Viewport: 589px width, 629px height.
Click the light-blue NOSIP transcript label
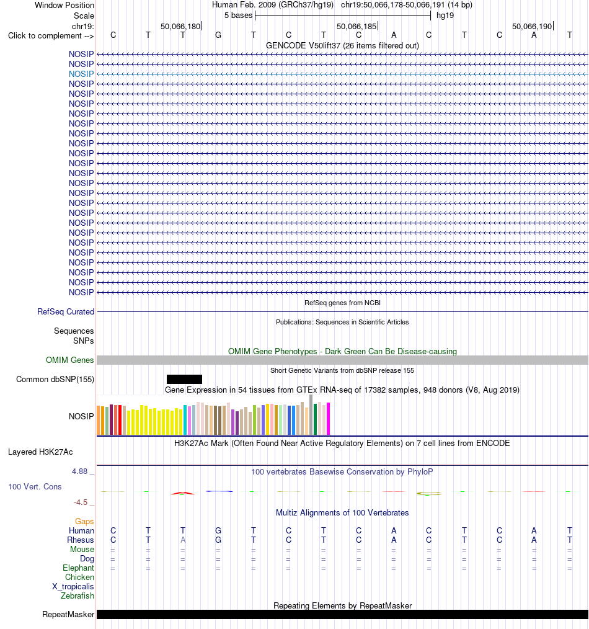(81, 74)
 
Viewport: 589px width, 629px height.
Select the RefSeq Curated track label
(66, 311)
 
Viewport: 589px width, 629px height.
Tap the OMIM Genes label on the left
(70, 360)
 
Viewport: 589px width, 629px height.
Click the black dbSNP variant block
(184, 379)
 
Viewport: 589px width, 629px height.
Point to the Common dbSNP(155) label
(55, 380)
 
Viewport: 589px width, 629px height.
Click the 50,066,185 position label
(356, 27)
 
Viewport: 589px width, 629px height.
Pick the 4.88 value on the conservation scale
(79, 471)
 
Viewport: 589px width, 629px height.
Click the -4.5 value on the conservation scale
(80, 502)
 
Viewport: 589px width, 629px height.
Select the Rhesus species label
(81, 540)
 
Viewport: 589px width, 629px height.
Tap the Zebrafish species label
(77, 596)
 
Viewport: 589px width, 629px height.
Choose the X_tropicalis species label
(73, 586)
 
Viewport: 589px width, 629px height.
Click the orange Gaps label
(84, 522)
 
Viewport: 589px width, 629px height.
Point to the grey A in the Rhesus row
(183, 540)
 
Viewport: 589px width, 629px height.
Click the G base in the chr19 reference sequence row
(218, 35)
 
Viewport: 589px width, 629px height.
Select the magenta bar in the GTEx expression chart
(329, 419)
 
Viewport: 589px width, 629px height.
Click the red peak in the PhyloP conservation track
(183, 493)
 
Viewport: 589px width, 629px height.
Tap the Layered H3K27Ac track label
(40, 452)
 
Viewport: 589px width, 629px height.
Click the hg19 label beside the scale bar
(445, 16)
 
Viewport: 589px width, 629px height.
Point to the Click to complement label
(51, 36)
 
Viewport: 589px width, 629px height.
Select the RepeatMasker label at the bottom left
(68, 615)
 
